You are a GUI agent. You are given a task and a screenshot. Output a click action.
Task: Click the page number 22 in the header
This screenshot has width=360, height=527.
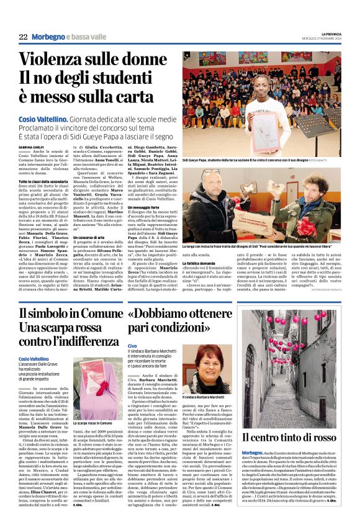tap(23, 38)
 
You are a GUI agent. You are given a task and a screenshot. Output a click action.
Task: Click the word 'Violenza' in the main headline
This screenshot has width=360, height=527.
tap(57, 60)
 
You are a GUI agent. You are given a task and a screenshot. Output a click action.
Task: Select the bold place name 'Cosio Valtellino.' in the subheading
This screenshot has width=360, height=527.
tap(43, 118)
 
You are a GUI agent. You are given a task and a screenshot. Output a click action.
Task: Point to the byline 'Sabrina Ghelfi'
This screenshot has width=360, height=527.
tap(32, 146)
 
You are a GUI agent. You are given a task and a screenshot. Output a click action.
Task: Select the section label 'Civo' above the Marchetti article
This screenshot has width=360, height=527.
tap(131, 345)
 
